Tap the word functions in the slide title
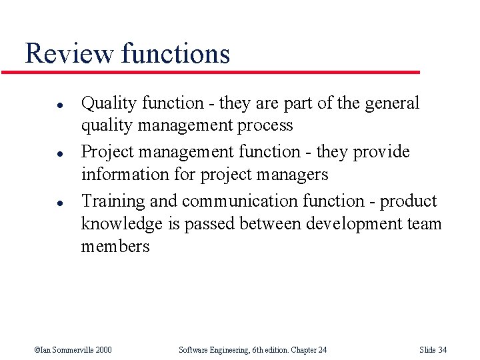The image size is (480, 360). (175, 53)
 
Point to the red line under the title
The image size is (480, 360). (220, 72)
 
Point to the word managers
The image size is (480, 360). (295, 175)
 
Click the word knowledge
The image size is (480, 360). (122, 223)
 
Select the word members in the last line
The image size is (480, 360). (115, 246)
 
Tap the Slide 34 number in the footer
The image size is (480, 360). (433, 350)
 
